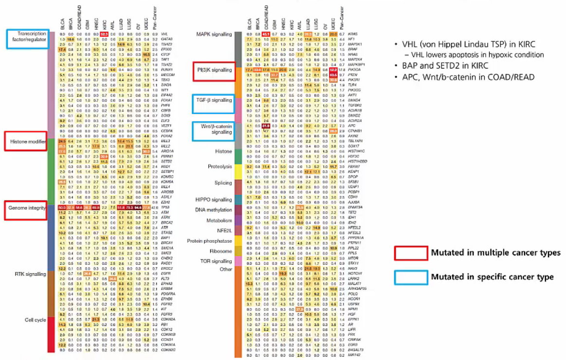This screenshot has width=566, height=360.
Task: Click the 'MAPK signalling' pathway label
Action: [x=213, y=35]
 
